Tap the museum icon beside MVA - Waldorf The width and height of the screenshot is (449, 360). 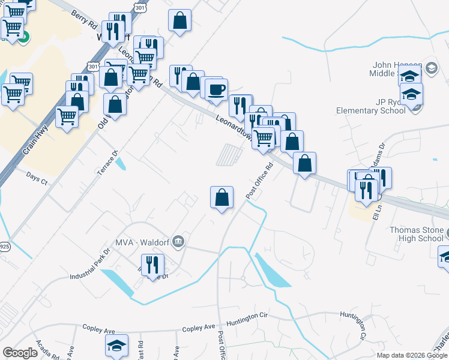178,242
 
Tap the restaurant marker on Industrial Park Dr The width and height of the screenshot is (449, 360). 152,265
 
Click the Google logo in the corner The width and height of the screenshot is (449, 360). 20,353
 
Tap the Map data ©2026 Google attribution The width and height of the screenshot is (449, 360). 412,355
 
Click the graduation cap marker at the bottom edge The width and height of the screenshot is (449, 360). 117,346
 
